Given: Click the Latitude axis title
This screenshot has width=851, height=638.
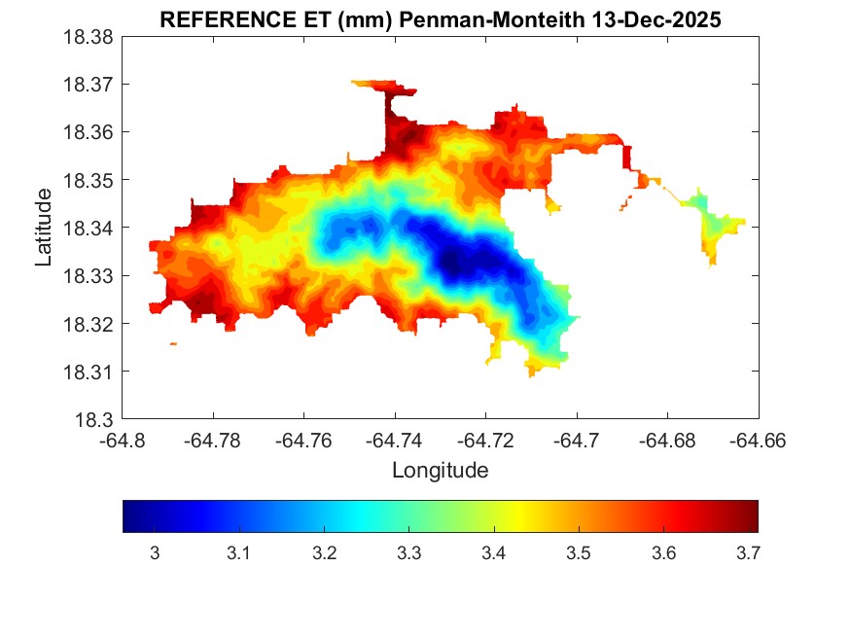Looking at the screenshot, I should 44,228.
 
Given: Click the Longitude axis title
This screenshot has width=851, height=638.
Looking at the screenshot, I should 440,471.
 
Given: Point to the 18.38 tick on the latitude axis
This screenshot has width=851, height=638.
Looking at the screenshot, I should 89,37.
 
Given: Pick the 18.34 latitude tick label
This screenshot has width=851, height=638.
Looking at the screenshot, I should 89,228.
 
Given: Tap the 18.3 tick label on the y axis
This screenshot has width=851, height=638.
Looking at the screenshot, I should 95,419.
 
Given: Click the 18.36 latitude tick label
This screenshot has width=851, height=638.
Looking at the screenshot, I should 89,132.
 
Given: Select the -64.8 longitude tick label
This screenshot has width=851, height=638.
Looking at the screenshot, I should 123,441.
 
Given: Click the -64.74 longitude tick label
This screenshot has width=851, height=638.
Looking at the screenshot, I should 394,441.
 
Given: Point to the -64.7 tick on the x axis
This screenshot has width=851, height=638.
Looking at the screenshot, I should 578,441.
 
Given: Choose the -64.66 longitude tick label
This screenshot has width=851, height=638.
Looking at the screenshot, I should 759,441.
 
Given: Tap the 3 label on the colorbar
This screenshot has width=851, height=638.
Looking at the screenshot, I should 154,552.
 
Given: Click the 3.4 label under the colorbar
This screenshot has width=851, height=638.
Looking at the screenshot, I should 493,552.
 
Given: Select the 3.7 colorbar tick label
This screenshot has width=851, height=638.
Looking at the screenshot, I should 748,552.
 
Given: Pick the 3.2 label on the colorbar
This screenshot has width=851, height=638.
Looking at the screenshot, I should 324,552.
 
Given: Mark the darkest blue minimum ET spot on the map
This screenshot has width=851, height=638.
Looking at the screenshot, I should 457,260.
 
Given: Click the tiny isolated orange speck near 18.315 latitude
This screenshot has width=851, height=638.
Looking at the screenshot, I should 173,343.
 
